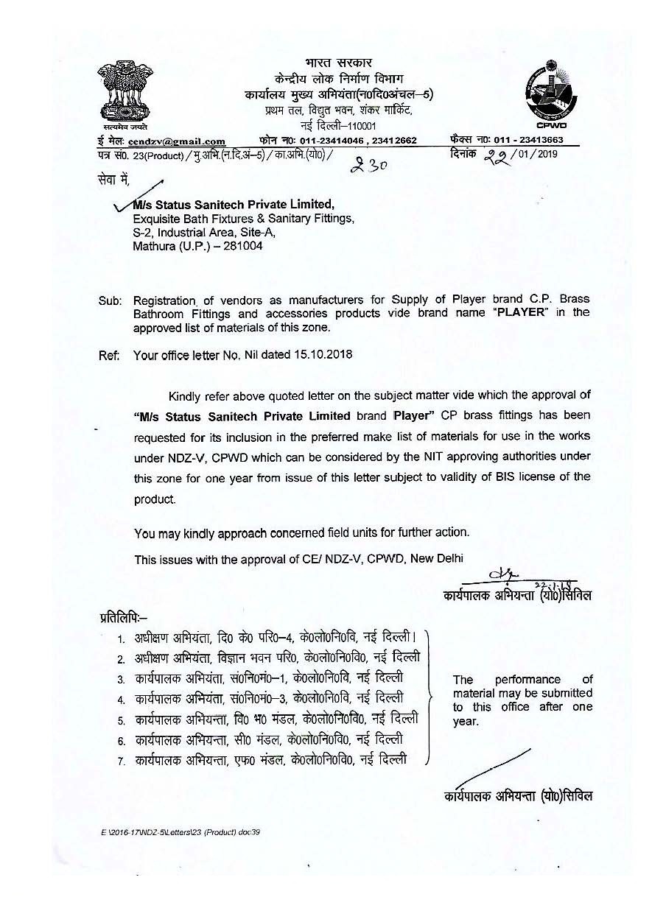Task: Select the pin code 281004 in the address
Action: pyautogui.click(x=238, y=246)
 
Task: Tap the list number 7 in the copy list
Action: pyautogui.click(x=120, y=760)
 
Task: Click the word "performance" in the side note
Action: pyautogui.click(x=527, y=680)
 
